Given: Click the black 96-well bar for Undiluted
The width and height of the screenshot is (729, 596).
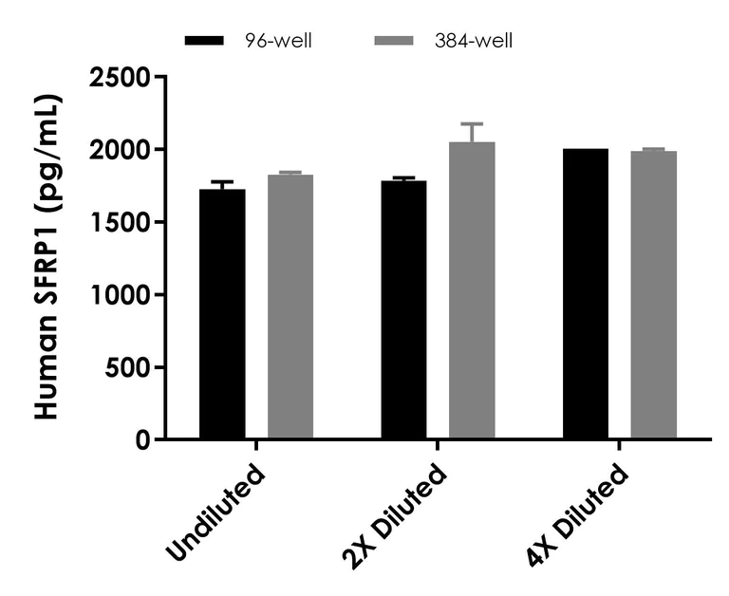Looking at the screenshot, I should point(222,314).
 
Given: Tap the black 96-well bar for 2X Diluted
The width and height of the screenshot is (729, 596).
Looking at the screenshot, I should point(403,309).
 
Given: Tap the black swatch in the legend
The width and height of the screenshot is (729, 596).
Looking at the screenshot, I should point(204,41).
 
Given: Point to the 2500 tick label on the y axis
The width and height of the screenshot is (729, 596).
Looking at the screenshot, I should point(120,77).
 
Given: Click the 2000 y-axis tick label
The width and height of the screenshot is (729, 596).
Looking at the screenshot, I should point(120,150).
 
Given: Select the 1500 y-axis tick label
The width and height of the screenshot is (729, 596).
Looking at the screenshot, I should point(120,222).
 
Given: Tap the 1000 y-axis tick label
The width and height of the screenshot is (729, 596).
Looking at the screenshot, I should point(120,295).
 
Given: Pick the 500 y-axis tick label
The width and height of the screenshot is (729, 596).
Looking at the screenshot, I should point(128,367).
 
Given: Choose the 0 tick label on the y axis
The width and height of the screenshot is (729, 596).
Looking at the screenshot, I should point(144,440).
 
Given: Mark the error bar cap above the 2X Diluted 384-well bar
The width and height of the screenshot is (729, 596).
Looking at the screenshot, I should point(472,123).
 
